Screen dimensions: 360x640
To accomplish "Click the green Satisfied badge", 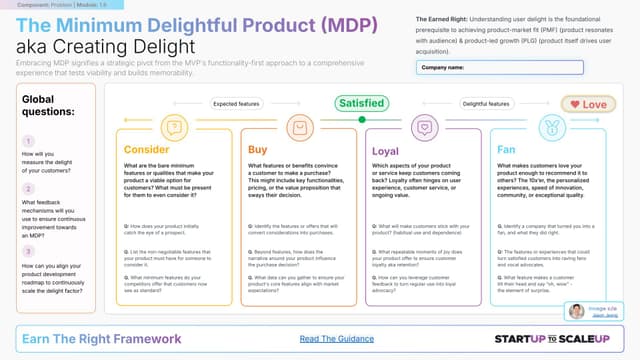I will [364, 103].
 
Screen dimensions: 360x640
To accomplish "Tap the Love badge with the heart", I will [588, 103].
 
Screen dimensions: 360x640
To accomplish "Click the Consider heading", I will [148, 149].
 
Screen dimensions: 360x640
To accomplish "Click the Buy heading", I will [257, 149].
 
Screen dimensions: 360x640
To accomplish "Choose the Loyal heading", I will [385, 149].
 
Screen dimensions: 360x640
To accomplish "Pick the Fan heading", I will [507, 149].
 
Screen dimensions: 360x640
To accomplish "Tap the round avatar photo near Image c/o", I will [576, 311].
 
